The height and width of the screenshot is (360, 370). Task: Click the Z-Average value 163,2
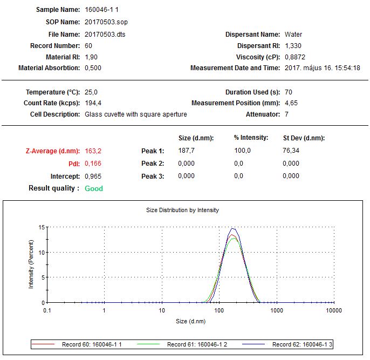[93, 151]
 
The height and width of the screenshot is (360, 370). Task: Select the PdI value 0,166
[93, 164]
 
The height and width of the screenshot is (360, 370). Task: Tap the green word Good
[94, 188]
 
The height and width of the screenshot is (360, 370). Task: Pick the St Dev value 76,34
[291, 151]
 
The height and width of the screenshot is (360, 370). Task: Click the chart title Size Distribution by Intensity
[183, 210]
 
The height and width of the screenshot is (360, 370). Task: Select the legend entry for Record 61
[197, 344]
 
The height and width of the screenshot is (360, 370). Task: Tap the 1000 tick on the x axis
[277, 310]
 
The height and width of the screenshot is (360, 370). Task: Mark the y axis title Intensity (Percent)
[31, 265]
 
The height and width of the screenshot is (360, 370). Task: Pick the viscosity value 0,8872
[294, 57]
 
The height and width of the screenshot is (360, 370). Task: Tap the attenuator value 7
[286, 114]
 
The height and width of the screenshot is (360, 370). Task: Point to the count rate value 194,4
[93, 103]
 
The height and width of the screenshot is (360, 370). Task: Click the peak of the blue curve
[234, 228]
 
